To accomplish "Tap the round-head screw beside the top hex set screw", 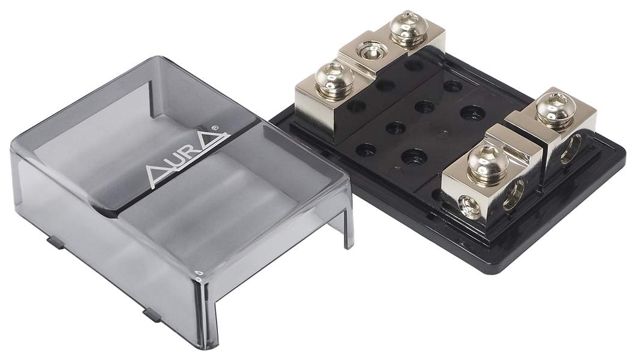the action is (x=406, y=30).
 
